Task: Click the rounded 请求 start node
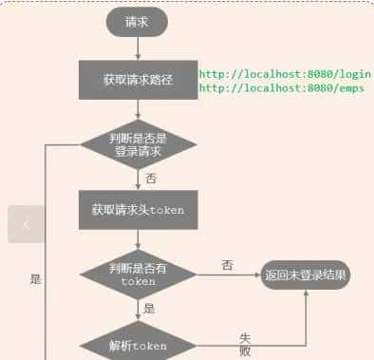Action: point(138,21)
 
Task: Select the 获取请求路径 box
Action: point(138,80)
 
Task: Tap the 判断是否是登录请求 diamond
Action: point(138,144)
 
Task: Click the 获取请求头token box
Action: point(138,210)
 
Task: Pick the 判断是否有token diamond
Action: point(138,275)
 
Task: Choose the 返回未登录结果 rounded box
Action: point(306,275)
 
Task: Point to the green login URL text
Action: point(285,72)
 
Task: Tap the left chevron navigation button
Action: point(26,224)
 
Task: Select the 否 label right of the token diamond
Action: point(228,264)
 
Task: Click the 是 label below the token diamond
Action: point(150,309)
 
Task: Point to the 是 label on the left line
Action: point(35,279)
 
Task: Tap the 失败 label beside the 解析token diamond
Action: point(245,343)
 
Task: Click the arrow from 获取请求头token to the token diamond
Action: point(138,239)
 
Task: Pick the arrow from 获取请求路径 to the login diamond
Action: point(138,109)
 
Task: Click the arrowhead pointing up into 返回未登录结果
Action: point(306,295)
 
